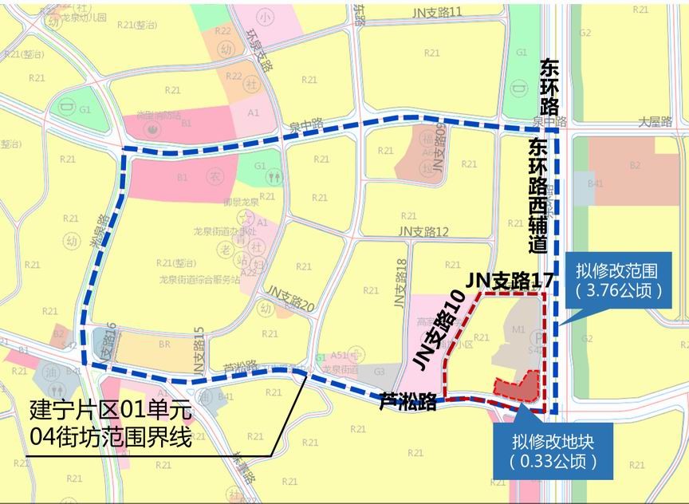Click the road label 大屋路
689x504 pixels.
coord(656,122)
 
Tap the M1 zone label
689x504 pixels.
coord(518,329)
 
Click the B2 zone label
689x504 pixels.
coord(635,165)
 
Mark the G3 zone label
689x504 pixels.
coord(379,371)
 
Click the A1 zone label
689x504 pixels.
coord(254,113)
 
